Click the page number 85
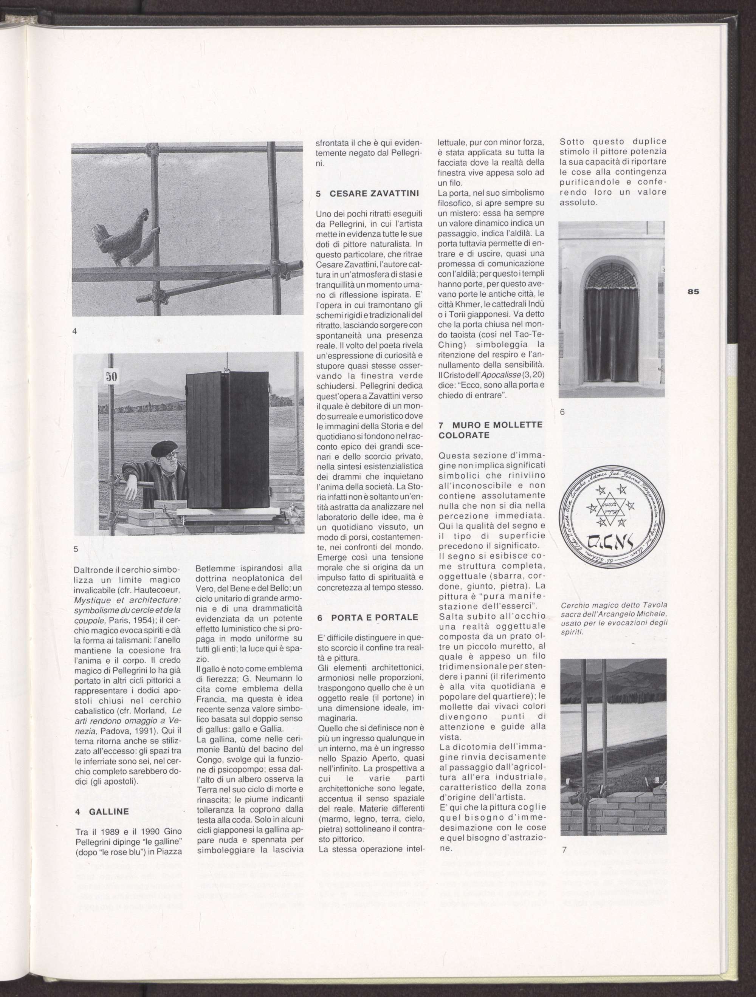pos(693,292)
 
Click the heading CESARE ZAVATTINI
pos(368,194)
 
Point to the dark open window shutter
pos(228,440)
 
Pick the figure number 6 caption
pos(562,412)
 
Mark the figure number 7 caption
pos(564,850)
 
